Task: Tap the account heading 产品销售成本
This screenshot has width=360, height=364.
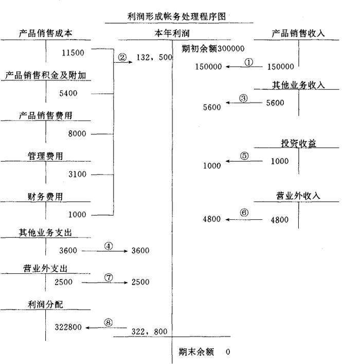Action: tap(45, 33)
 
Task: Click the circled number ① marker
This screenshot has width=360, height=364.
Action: tap(249, 62)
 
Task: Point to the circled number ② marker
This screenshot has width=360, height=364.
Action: tap(122, 58)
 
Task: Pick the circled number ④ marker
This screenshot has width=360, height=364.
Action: tap(108, 246)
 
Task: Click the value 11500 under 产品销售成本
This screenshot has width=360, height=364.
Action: tap(72, 53)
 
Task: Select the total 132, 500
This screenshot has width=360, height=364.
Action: tap(154, 58)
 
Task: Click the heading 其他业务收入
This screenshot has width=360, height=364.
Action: tap(299, 85)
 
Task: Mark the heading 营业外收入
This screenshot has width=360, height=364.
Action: tap(298, 196)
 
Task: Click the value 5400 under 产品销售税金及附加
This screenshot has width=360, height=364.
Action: tap(76, 93)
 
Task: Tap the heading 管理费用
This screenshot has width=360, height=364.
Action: tap(45, 156)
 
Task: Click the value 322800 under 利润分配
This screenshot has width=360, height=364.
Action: tap(68, 327)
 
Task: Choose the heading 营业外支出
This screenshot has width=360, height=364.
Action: tap(45, 269)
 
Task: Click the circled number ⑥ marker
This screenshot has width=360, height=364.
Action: tap(244, 213)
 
